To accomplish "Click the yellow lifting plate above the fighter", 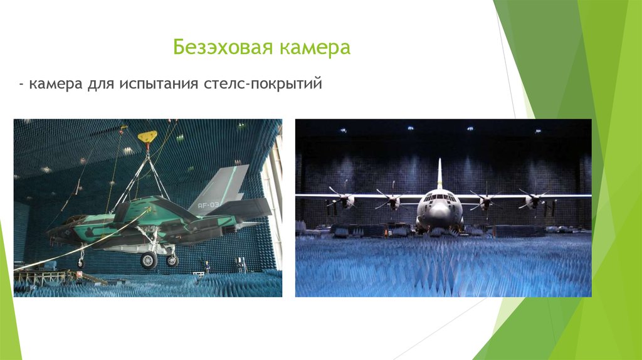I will coord(147,135).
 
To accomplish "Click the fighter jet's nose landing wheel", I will coord(81,264).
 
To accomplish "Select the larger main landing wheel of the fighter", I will coord(149,260).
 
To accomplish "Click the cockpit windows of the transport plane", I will coord(439,198).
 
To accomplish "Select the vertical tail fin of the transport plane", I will coord(439,172).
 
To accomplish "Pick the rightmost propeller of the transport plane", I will coord(534,199).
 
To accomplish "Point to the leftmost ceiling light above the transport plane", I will coord(342,130).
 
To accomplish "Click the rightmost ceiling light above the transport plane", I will coord(538,131).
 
